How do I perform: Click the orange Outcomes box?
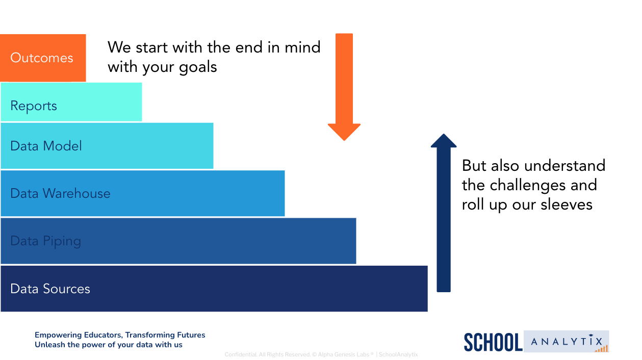[x=43, y=58]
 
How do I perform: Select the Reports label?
[x=34, y=106]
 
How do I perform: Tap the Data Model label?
[x=46, y=146]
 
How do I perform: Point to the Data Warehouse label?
[x=60, y=193]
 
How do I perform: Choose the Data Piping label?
[x=45, y=241]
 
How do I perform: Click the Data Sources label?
[x=50, y=289]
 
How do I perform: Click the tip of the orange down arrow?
[x=344, y=140]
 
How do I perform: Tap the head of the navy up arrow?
[x=444, y=140]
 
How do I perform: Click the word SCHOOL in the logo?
[x=493, y=342]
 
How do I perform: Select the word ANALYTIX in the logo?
[x=567, y=341]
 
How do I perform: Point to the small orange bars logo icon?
[x=602, y=349]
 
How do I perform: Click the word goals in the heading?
[x=198, y=68]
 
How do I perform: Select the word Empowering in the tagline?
[x=58, y=336]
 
